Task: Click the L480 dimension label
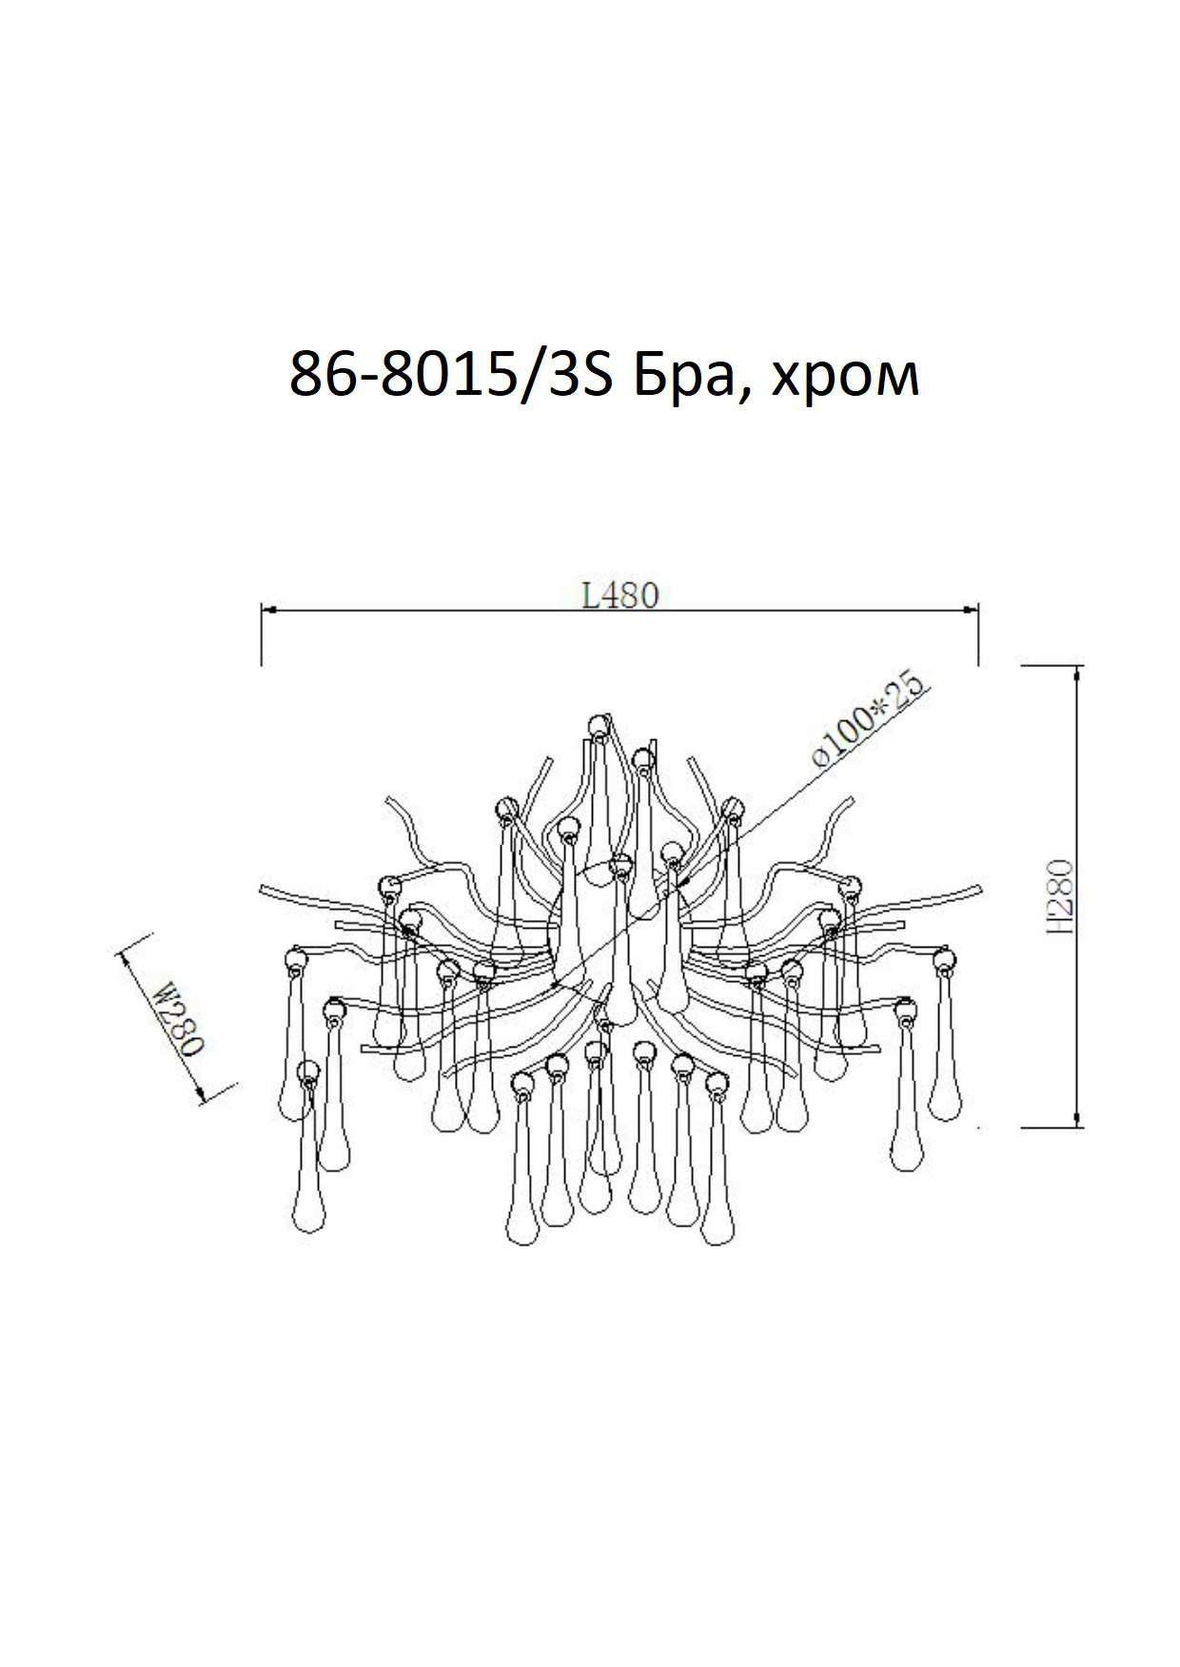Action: click(x=619, y=596)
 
